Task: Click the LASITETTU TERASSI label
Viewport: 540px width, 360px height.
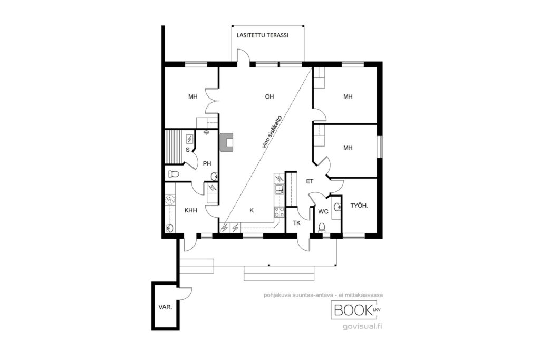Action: [x=263, y=35]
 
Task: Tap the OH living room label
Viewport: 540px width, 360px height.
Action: [x=269, y=96]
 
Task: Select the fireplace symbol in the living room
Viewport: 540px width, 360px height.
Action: [x=227, y=142]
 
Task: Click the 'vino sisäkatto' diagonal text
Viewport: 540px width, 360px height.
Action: [x=273, y=132]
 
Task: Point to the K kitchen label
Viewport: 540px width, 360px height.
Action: [x=252, y=210]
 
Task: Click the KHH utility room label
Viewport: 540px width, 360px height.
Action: [x=190, y=210]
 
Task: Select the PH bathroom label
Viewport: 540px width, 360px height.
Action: [x=207, y=164]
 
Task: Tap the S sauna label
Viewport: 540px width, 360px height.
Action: [x=188, y=150]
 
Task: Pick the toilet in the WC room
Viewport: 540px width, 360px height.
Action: [x=322, y=227]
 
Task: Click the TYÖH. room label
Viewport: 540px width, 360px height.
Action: [x=359, y=206]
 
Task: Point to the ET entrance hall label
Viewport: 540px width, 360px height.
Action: [x=310, y=181]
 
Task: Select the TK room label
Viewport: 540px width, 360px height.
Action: [x=296, y=223]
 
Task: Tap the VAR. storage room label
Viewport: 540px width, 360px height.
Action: [x=165, y=307]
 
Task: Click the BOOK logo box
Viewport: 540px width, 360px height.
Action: [x=356, y=310]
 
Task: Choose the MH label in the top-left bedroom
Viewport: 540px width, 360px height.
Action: [x=193, y=96]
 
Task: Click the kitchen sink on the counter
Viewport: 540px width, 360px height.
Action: [x=279, y=189]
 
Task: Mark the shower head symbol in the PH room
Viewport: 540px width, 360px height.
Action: [x=206, y=132]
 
